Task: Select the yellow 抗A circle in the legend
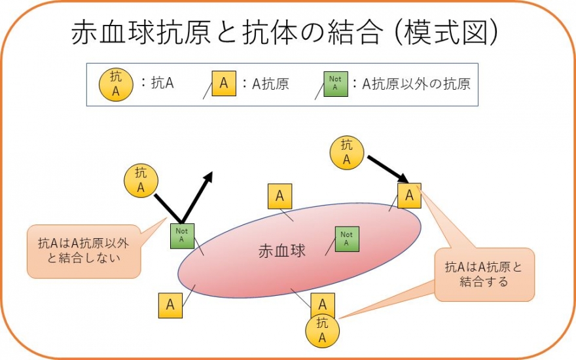116,84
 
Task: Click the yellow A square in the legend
224,84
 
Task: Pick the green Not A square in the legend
335,84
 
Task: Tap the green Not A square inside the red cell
346,238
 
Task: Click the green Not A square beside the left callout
182,235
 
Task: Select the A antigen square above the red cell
279,196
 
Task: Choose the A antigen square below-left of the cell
170,305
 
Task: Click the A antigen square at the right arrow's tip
409,195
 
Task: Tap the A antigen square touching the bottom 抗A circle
323,304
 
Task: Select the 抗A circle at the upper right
347,152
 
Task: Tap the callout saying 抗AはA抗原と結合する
484,274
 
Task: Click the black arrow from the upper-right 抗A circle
387,169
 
